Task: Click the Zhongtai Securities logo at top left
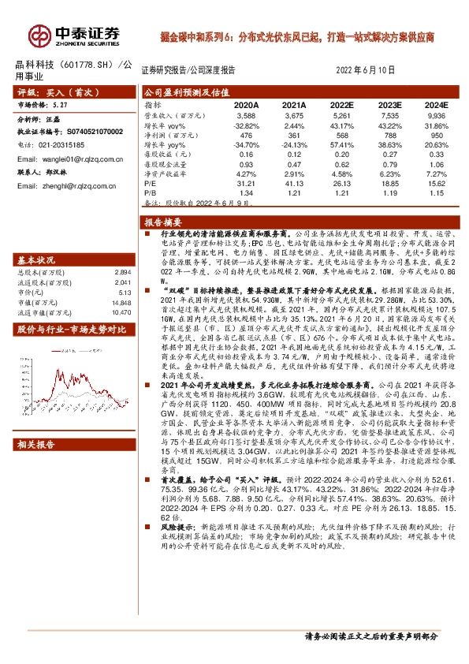click(75, 33)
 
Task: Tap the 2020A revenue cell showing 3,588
click(247, 114)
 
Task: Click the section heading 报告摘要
click(163, 222)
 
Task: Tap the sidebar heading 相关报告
click(37, 444)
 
